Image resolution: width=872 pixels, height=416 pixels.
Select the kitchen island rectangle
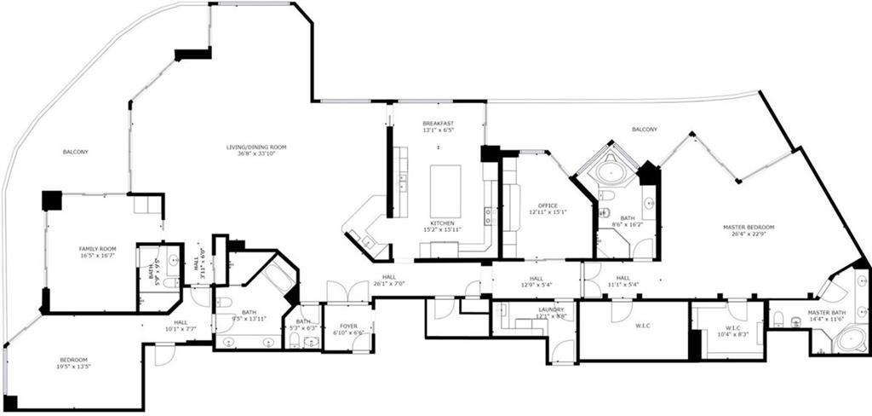coord(445,191)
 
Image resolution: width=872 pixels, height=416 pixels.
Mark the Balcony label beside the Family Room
coord(76,152)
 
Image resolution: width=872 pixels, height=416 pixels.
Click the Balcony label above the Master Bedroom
coord(644,130)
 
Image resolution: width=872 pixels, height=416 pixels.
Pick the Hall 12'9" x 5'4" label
coord(536,281)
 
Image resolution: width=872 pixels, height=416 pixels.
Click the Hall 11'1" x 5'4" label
coord(622,281)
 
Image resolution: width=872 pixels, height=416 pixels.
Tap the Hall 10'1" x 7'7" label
coord(181,325)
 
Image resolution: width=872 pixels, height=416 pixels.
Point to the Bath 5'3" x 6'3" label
coord(303,325)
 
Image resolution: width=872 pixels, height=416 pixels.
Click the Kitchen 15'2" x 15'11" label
coord(441,226)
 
